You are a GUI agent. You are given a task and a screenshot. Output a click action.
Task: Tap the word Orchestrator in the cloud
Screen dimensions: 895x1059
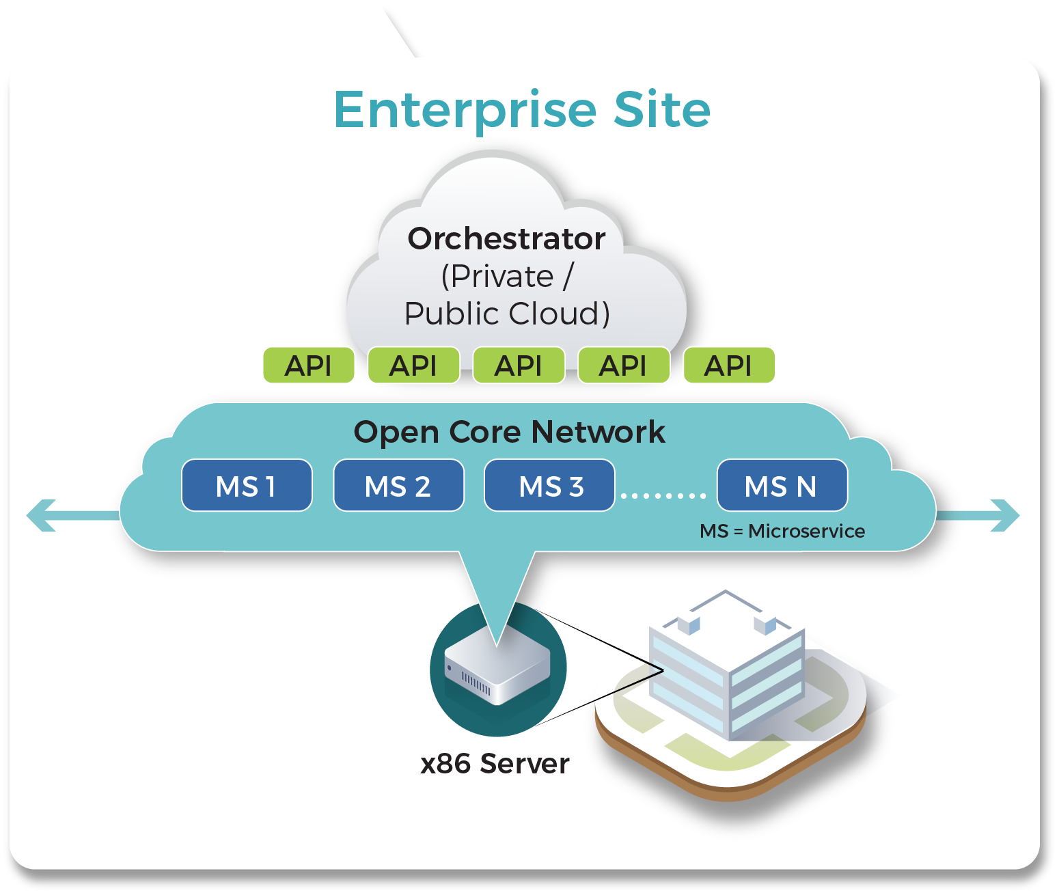pyautogui.click(x=506, y=239)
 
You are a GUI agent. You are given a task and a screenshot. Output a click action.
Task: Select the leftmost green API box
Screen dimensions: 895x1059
pyautogui.click(x=309, y=366)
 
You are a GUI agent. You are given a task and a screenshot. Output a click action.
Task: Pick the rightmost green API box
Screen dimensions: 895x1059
pyautogui.click(x=728, y=366)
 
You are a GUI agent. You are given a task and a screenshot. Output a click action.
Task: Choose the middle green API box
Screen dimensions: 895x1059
pyautogui.click(x=519, y=366)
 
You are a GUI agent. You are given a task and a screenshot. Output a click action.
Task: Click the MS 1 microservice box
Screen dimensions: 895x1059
pyautogui.click(x=247, y=486)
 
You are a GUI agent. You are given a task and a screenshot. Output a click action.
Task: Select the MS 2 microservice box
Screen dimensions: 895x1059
pyautogui.click(x=398, y=486)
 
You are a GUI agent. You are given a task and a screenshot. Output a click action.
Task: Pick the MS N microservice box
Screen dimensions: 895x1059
pyautogui.click(x=782, y=486)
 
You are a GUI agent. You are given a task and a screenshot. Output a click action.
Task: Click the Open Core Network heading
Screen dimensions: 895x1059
pyautogui.click(x=509, y=432)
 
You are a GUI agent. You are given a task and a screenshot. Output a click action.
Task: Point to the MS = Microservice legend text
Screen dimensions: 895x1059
pyautogui.click(x=782, y=531)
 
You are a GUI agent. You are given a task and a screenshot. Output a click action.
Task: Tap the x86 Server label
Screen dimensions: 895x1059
pyautogui.click(x=495, y=764)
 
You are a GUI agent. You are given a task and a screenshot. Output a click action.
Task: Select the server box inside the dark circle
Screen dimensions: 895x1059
pyautogui.click(x=497, y=673)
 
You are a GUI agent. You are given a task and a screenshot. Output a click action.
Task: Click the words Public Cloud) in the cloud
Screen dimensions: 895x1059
pyautogui.click(x=506, y=314)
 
